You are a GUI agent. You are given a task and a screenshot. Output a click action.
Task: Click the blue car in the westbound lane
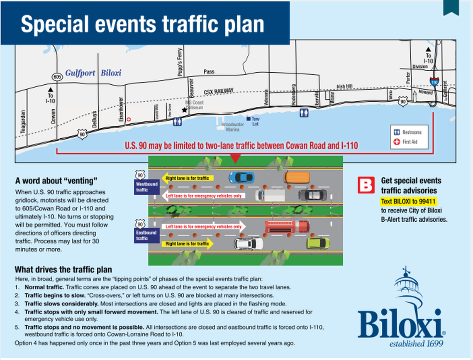click(241, 177)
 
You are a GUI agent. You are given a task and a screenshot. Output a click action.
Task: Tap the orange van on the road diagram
click(297, 177)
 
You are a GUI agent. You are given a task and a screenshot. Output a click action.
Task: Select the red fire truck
click(287, 226)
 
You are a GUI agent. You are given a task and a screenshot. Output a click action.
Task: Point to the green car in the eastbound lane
click(318, 243)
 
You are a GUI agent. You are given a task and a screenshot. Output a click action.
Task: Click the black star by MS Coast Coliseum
click(184, 110)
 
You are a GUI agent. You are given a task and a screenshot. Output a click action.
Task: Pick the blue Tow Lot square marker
click(249, 119)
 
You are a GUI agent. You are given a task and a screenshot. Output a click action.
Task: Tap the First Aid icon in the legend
click(397, 142)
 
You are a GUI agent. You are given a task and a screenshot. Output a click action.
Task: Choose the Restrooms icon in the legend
click(397, 132)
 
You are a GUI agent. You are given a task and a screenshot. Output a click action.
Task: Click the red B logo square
click(366, 185)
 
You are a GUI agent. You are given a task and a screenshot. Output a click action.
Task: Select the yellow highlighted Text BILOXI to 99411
click(409, 201)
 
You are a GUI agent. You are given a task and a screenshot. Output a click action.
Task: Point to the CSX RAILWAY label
click(219, 91)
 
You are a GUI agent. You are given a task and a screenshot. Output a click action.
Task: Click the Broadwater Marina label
click(232, 127)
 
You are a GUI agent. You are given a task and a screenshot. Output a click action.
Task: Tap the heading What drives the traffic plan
click(63, 269)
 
